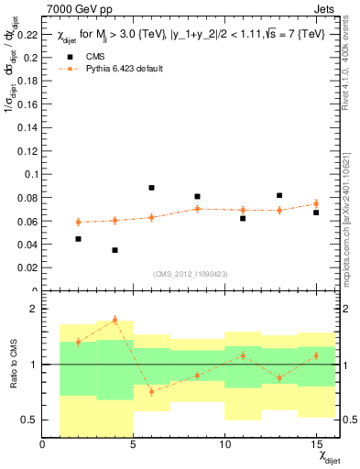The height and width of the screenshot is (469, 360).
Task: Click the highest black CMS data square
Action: (151, 188)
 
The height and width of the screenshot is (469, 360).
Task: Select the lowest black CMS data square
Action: (115, 250)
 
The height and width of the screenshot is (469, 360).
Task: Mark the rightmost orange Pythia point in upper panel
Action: (315, 204)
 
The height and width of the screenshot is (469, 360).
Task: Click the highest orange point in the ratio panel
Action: (115, 320)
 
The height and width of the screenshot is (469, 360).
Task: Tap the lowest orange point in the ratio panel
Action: (151, 391)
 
